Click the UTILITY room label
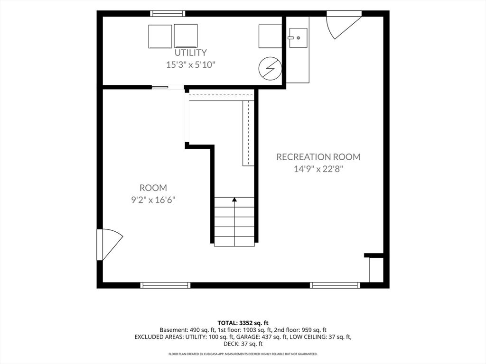tap(191, 53)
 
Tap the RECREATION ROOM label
tap(318, 157)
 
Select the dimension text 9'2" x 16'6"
tap(153, 200)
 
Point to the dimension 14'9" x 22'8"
tap(318, 169)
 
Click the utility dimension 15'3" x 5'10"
tap(191, 64)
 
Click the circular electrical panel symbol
tap(270, 68)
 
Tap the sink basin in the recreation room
tap(298, 38)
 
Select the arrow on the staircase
tap(234, 221)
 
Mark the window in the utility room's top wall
tap(168, 14)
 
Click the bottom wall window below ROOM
tap(165, 285)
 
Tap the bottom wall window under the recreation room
tap(335, 285)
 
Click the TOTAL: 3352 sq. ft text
tap(243, 323)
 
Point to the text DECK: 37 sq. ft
tap(243, 344)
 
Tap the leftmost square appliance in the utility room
tap(160, 36)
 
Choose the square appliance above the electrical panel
tap(270, 36)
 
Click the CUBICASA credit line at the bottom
tap(243, 354)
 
